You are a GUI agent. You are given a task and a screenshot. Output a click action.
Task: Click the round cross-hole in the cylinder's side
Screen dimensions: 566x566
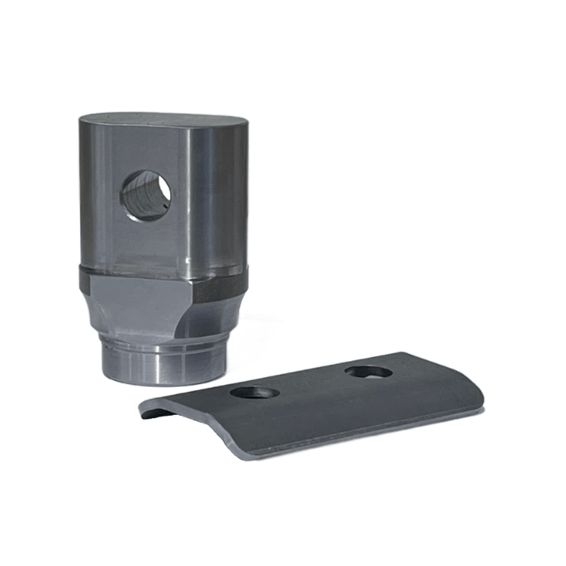click(x=146, y=195)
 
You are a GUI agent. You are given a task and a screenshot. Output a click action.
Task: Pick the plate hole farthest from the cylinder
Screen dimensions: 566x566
click(x=369, y=371)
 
